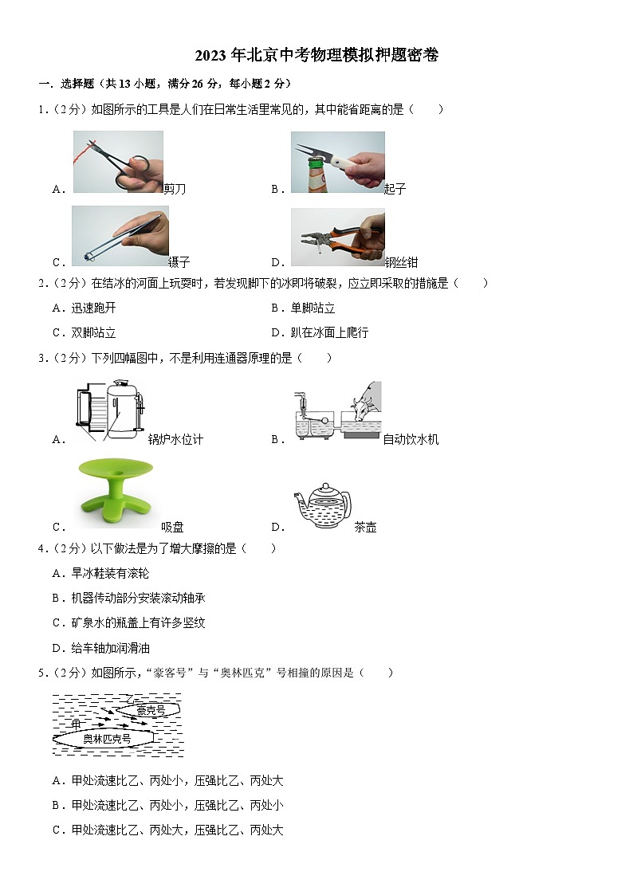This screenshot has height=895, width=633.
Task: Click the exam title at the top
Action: (316, 55)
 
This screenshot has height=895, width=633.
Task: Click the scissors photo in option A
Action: (118, 162)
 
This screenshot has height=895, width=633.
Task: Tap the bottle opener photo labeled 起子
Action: (337, 162)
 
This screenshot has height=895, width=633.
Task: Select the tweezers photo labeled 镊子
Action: (120, 236)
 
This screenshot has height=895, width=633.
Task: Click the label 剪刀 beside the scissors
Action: (175, 189)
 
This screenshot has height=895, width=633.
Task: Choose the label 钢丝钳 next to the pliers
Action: (401, 262)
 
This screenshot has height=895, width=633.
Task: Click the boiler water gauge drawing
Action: (111, 410)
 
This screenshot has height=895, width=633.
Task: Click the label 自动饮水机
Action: (411, 439)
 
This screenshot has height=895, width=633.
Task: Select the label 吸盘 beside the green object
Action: (172, 527)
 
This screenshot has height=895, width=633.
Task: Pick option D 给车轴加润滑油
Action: (101, 648)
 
